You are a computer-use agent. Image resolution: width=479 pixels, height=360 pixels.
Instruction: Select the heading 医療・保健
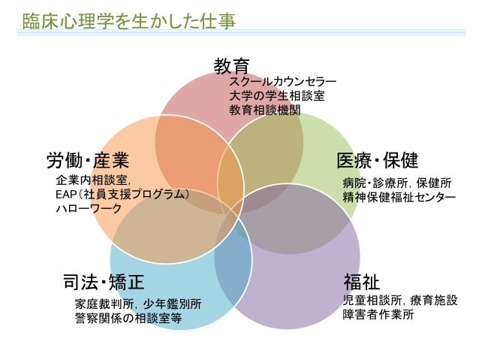tap(377, 160)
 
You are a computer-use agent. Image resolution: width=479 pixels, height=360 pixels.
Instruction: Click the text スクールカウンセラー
tap(282, 82)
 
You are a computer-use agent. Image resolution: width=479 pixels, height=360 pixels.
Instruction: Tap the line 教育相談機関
tap(264, 109)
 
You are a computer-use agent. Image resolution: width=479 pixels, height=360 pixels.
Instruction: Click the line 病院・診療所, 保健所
tap(396, 183)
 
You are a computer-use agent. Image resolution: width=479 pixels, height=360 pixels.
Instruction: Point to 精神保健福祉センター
tap(399, 197)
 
